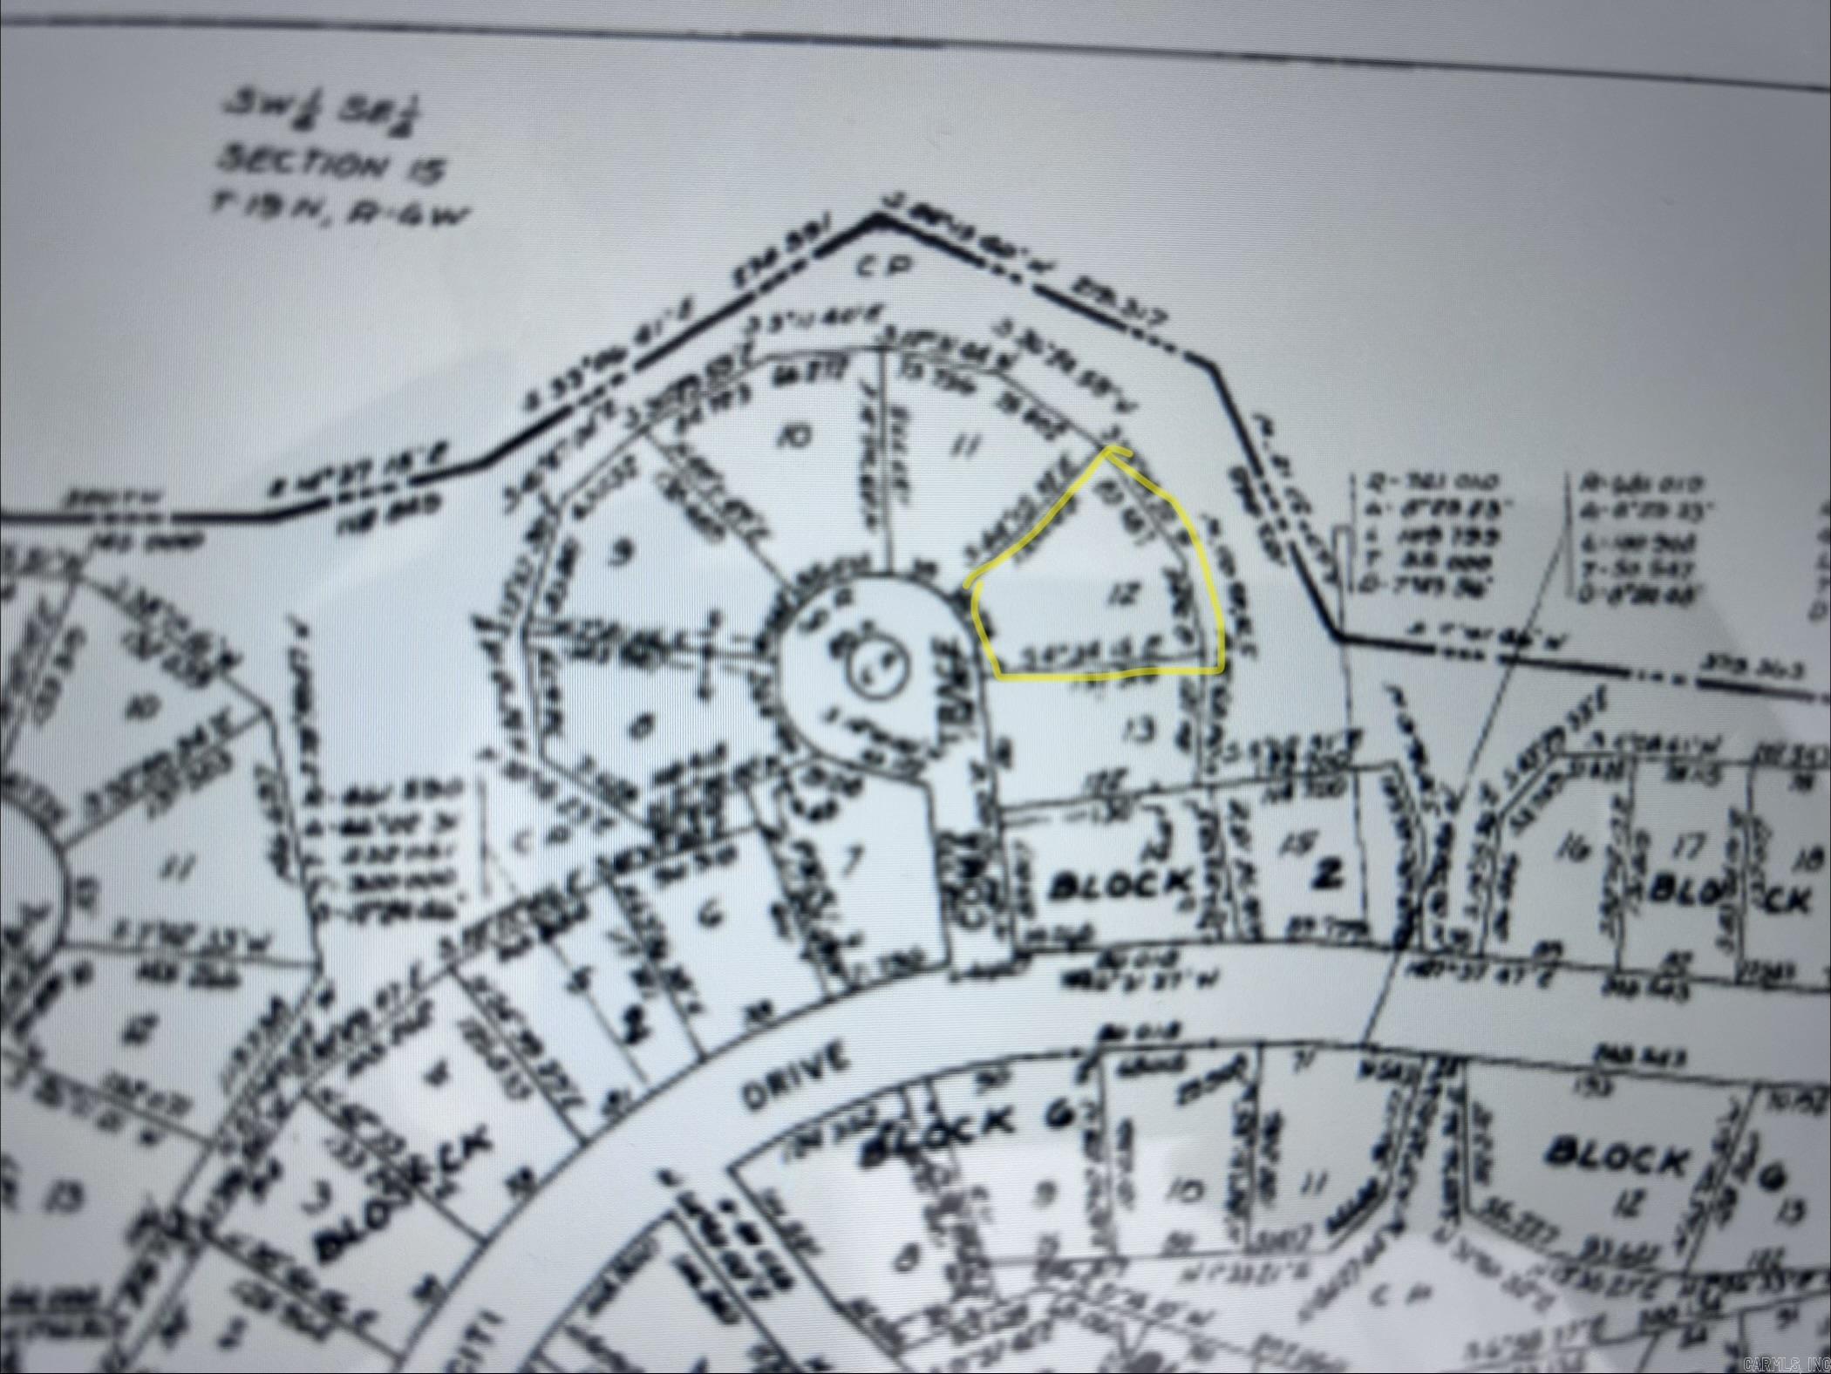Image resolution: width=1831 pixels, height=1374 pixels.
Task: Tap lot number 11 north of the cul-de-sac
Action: click(963, 447)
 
